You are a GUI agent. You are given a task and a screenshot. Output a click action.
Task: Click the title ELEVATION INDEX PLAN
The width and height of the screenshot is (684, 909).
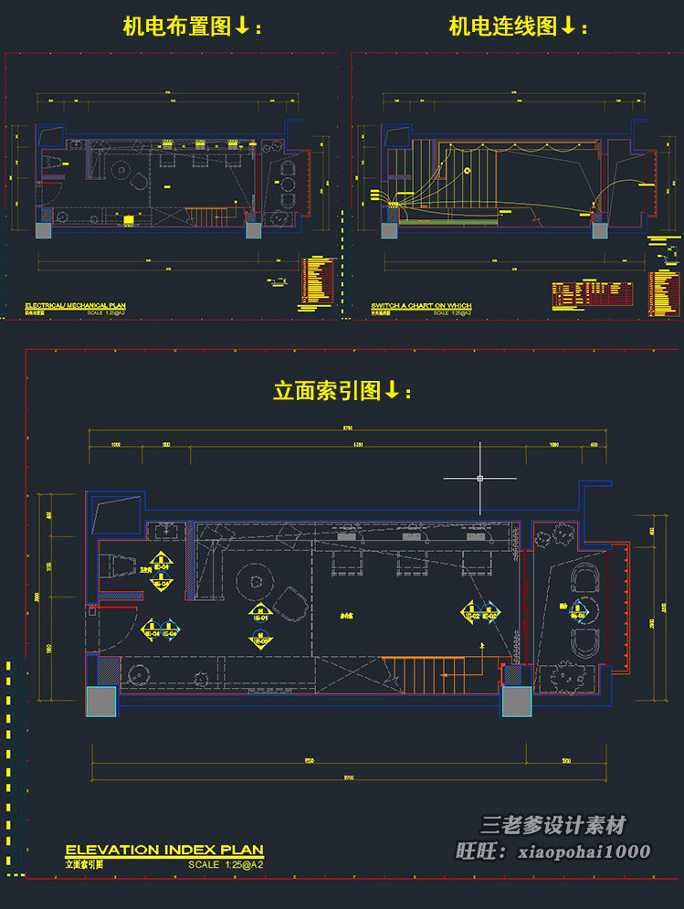pos(164,850)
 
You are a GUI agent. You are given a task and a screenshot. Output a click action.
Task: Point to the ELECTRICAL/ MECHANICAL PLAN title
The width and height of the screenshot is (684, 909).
pos(75,305)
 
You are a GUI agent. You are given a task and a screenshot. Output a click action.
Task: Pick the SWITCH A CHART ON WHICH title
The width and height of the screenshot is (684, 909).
pos(421,305)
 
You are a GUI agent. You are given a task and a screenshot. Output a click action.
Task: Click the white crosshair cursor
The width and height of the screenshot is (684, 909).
pos(480,478)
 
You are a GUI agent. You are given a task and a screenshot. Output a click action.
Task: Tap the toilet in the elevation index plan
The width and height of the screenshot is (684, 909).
pos(120,565)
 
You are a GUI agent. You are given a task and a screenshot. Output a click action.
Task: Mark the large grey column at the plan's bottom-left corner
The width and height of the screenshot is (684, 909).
pos(102,702)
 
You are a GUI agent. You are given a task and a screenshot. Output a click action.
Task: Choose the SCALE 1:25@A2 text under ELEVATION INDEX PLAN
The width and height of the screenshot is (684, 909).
pos(226,863)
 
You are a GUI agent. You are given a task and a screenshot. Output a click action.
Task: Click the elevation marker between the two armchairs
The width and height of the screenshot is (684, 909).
pos(580,614)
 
